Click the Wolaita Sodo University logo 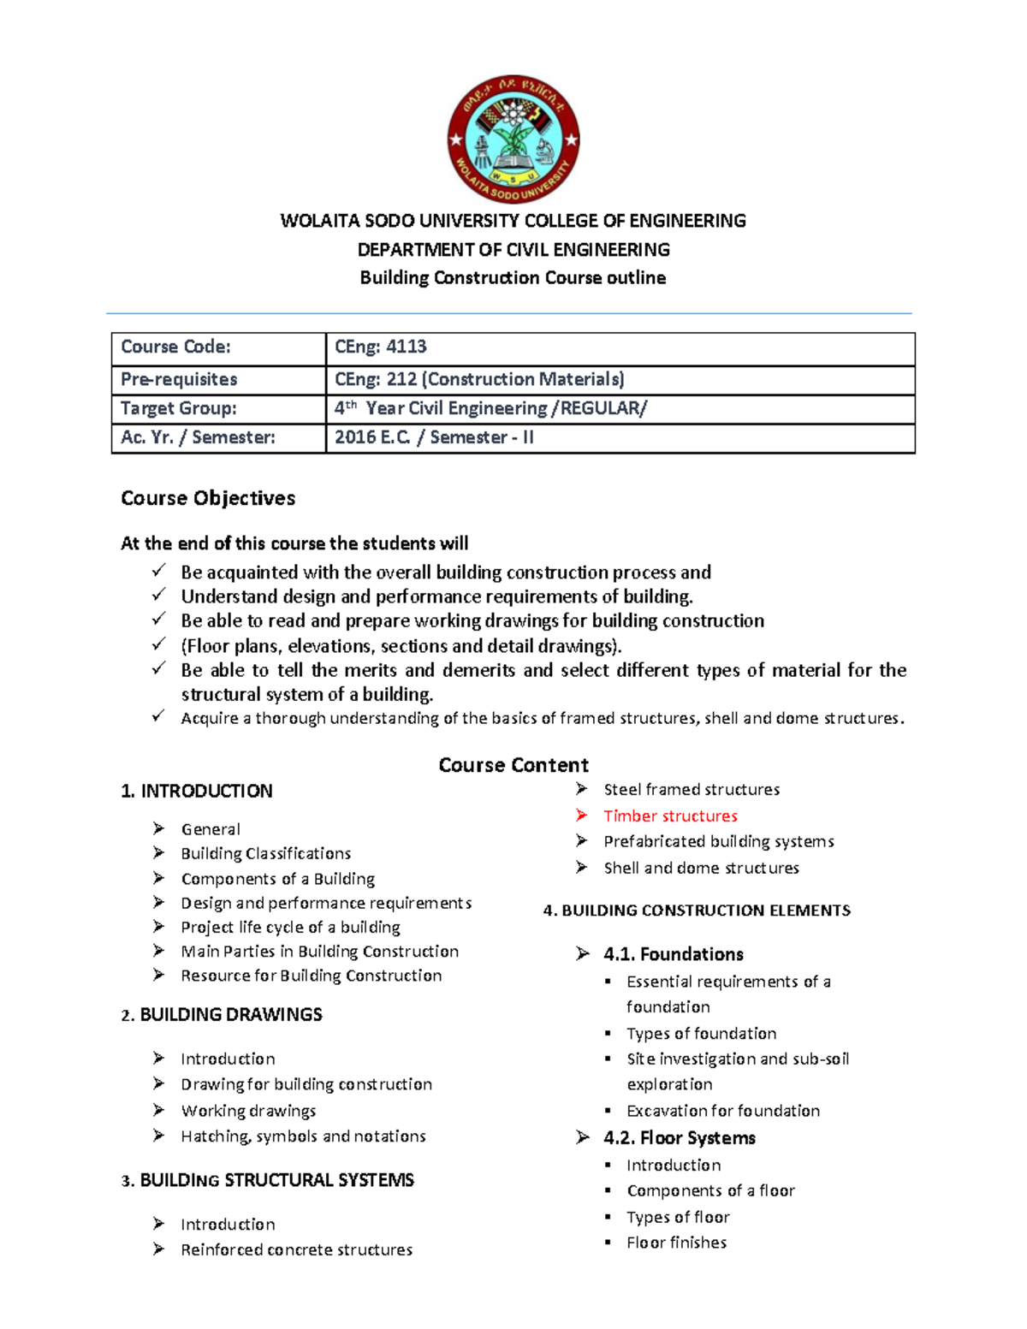(513, 139)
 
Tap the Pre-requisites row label (179, 379)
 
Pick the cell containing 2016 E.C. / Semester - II (434, 437)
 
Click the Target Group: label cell (179, 408)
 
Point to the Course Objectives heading (208, 498)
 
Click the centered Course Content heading (513, 765)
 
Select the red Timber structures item (670, 816)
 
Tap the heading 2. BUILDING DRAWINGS (222, 1015)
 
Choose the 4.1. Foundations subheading (674, 954)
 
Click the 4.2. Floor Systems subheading (680, 1137)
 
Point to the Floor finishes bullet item (676, 1243)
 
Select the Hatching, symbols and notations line (303, 1136)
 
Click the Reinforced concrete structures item (296, 1249)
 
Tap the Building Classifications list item (265, 853)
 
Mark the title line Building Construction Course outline (513, 278)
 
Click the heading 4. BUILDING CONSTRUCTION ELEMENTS (697, 911)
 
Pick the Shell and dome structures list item (701, 868)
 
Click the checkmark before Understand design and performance (158, 596)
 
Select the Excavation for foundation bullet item (723, 1111)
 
